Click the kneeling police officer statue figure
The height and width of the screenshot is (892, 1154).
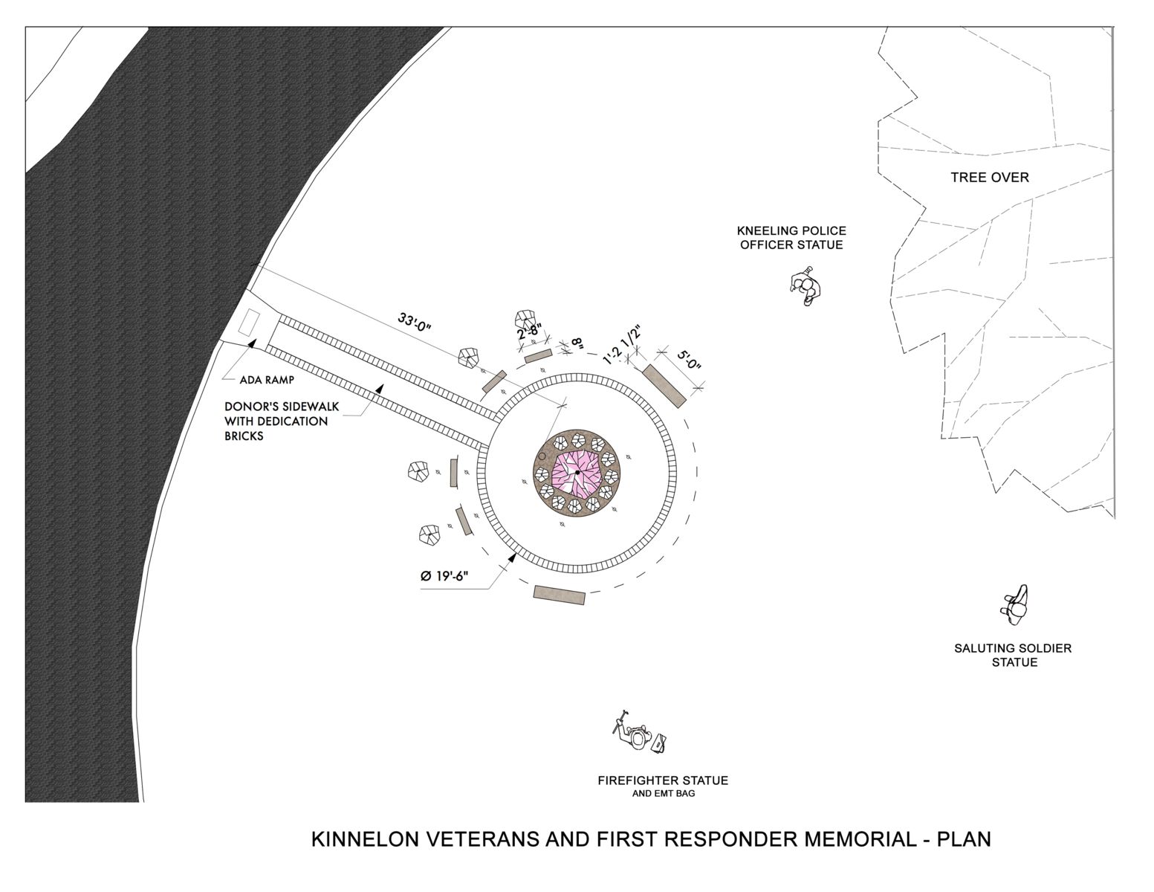[805, 286]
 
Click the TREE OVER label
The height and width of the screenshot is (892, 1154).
[990, 178]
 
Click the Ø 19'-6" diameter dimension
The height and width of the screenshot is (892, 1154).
[444, 575]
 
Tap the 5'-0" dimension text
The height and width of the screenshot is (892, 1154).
[689, 360]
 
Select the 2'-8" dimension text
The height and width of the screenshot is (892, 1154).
[532, 331]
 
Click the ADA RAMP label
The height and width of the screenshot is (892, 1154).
[267, 380]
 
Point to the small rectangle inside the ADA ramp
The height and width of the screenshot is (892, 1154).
[248, 323]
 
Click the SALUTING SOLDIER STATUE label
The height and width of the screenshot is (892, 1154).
[1013, 655]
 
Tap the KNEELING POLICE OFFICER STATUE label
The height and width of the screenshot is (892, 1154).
[791, 237]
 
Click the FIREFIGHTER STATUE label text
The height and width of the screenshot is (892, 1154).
[663, 780]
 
